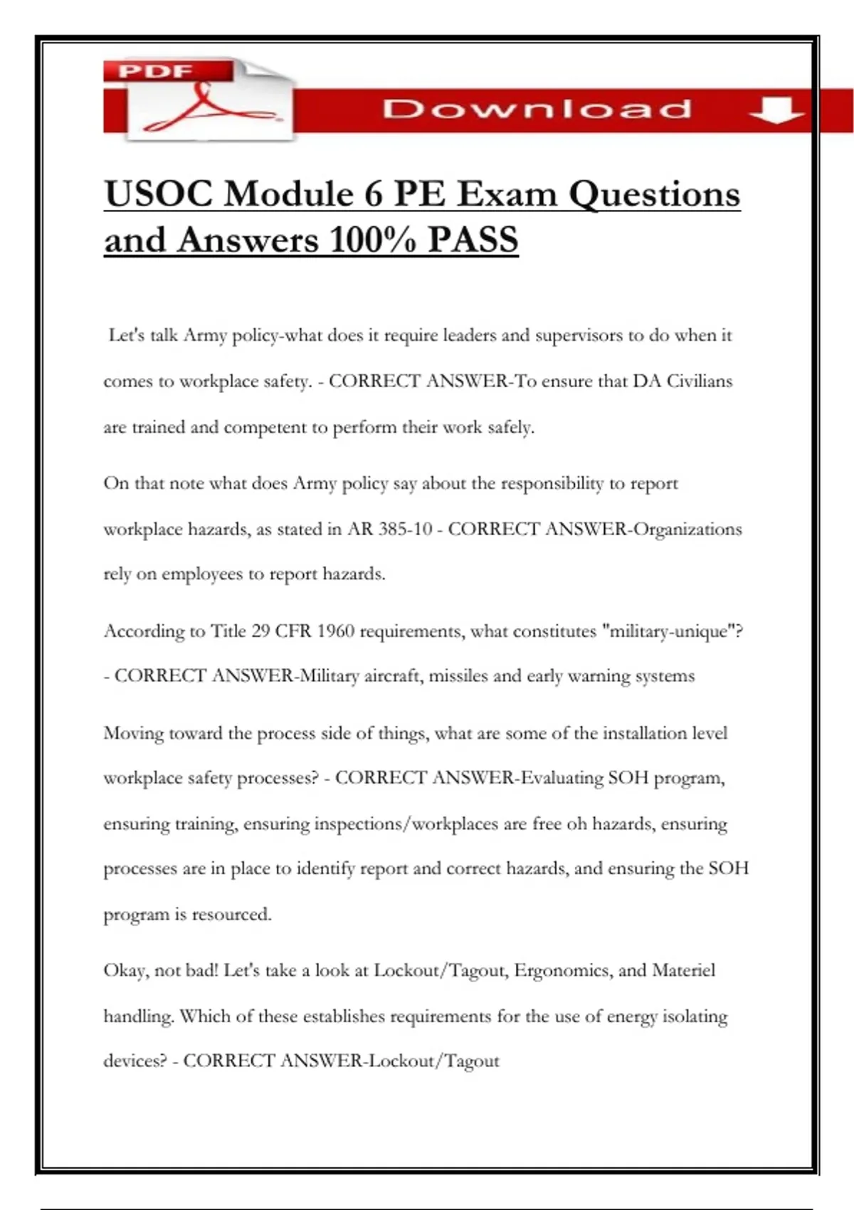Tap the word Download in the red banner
537,110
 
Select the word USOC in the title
158,194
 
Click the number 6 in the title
374,194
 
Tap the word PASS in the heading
473,240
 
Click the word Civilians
699,382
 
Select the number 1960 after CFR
335,631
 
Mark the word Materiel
683,971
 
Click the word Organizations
687,530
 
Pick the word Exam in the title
506,194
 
